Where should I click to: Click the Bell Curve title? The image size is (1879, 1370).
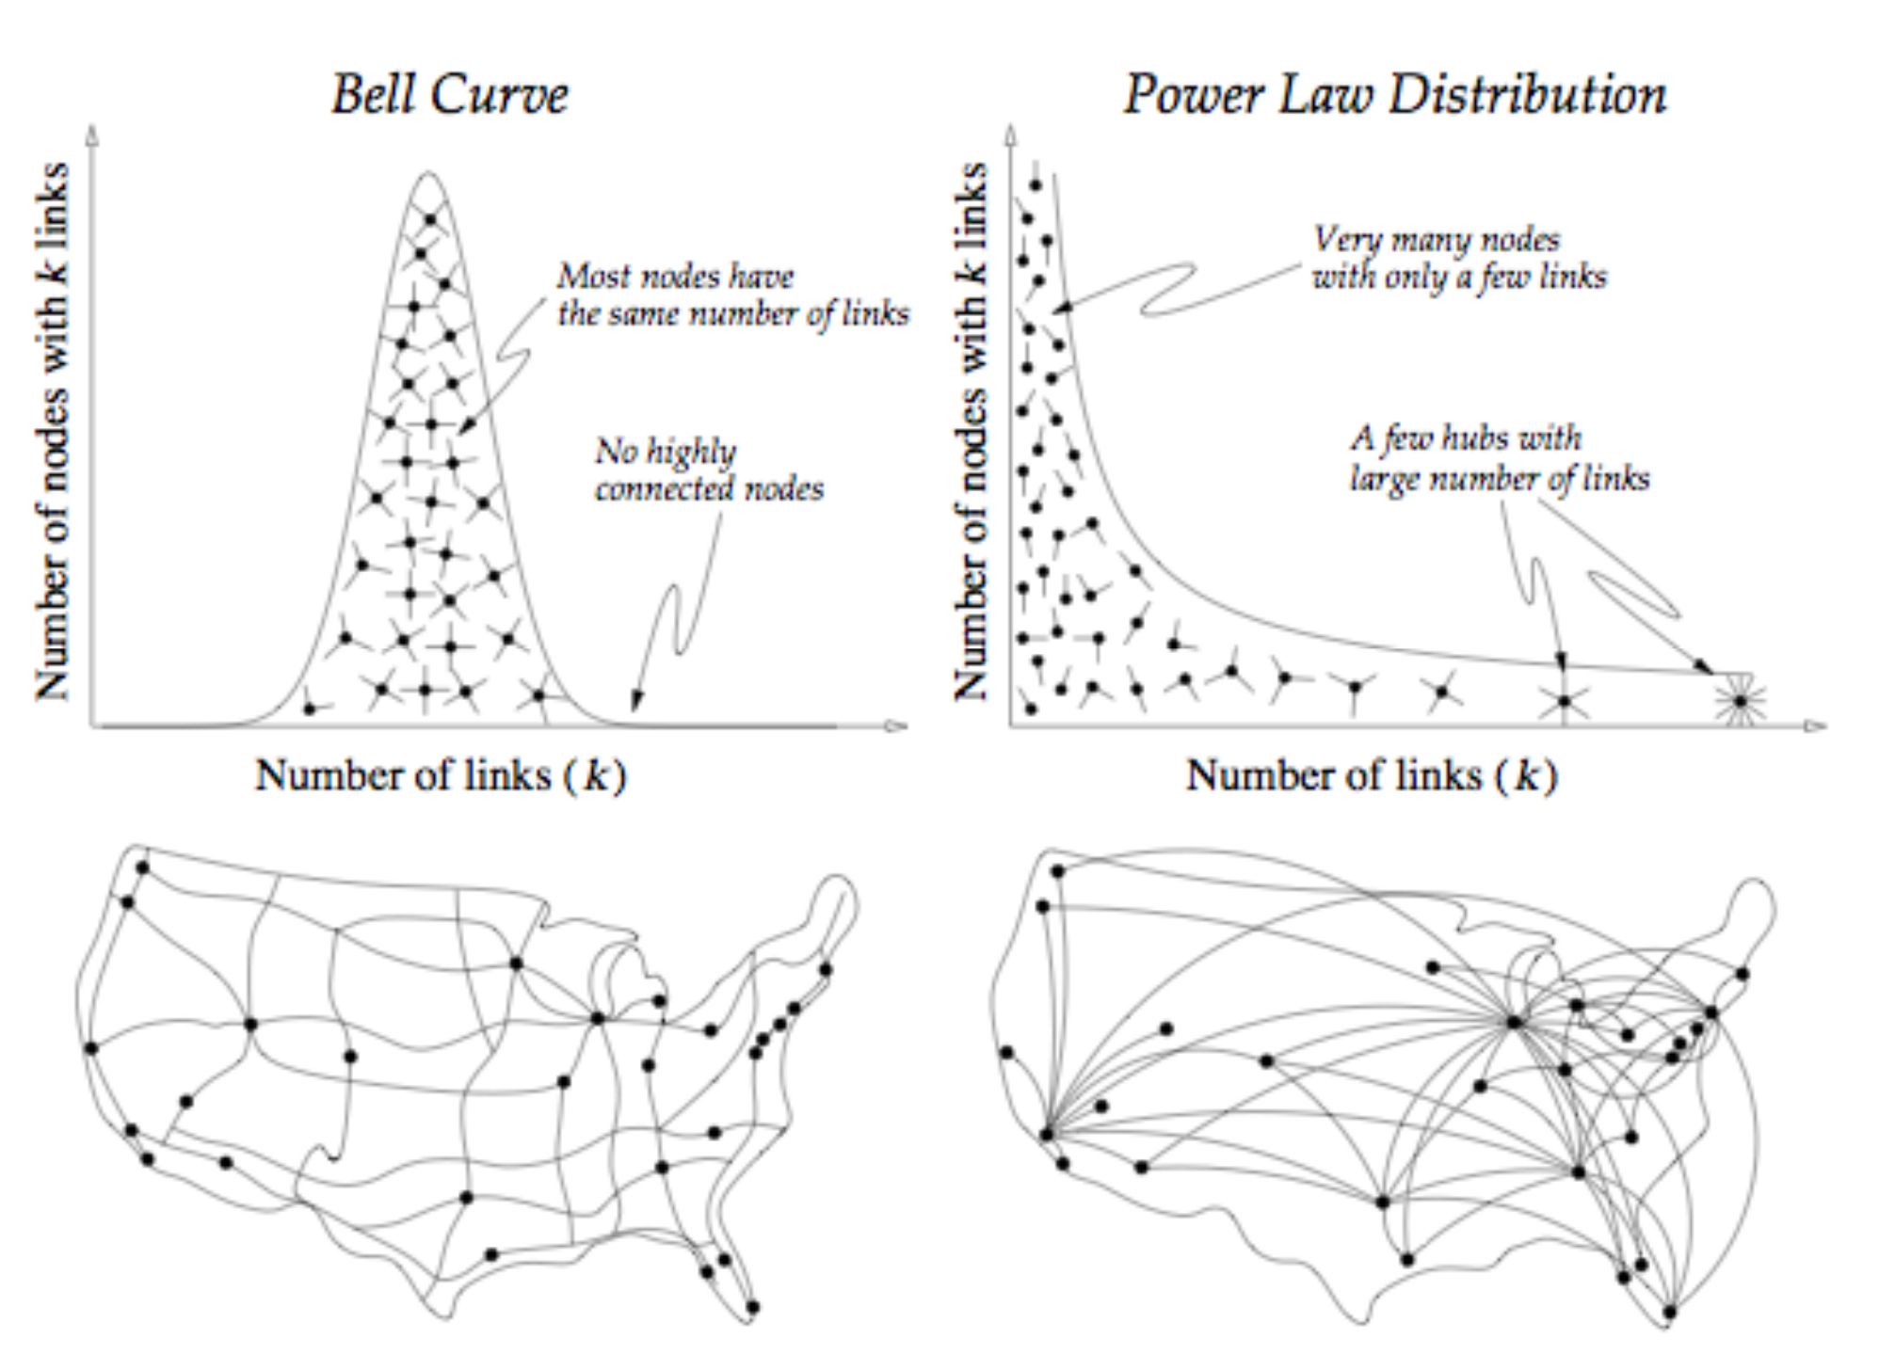pos(450,95)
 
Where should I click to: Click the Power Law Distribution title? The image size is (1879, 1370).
pos(1394,95)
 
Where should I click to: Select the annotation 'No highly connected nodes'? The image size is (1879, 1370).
pos(708,470)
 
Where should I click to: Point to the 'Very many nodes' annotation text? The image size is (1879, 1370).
pos(1437,239)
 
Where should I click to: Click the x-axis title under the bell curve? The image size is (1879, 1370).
pos(441,775)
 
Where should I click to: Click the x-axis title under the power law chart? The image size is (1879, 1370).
pos(1372,775)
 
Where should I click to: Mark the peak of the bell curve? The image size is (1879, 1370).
pos(428,174)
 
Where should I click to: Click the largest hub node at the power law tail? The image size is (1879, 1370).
pos(1740,701)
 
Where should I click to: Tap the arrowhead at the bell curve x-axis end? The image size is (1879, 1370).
pos(896,725)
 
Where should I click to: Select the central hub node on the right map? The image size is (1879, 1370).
pos(1514,1022)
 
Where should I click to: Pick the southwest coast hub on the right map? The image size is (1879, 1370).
pos(1046,1135)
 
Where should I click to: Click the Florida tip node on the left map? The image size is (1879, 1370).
pos(752,1306)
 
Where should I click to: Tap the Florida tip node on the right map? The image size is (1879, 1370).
pos(1669,1312)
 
